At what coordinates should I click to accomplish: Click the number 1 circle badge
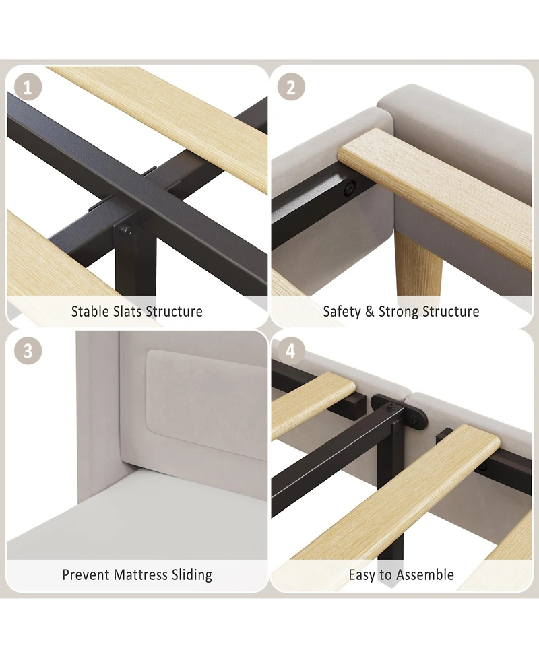click(28, 88)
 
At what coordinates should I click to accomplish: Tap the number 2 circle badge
click(291, 88)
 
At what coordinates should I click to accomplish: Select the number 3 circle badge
click(28, 350)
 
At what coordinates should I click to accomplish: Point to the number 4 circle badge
click(291, 350)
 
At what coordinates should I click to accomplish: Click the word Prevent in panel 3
click(86, 574)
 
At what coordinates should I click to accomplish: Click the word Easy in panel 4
click(362, 575)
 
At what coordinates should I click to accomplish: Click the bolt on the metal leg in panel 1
click(127, 230)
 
